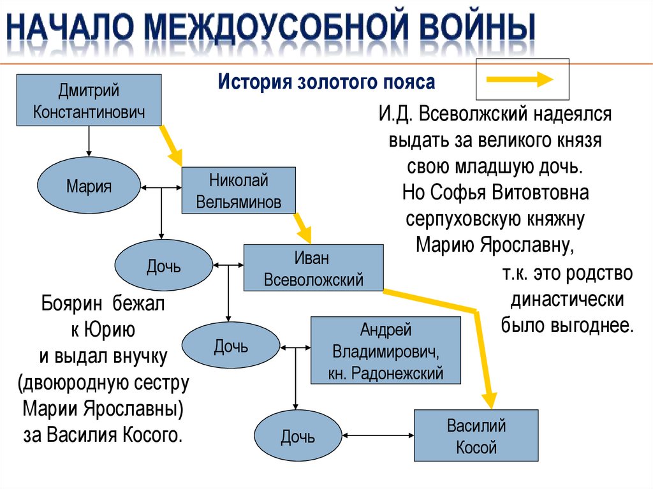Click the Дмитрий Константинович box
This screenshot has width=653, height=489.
point(89,101)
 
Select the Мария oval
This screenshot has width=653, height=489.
point(89,187)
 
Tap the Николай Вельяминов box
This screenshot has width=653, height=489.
point(238,190)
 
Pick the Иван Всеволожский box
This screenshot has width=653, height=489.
point(314,268)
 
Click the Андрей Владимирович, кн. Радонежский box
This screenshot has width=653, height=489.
point(385,351)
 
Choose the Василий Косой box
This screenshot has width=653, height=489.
point(476,435)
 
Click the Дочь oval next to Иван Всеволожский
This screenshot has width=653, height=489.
point(163,266)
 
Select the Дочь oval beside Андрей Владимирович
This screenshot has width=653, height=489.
point(230,346)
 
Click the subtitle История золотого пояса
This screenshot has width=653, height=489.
point(326,82)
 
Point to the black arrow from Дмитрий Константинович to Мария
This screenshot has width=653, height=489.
point(89,142)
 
